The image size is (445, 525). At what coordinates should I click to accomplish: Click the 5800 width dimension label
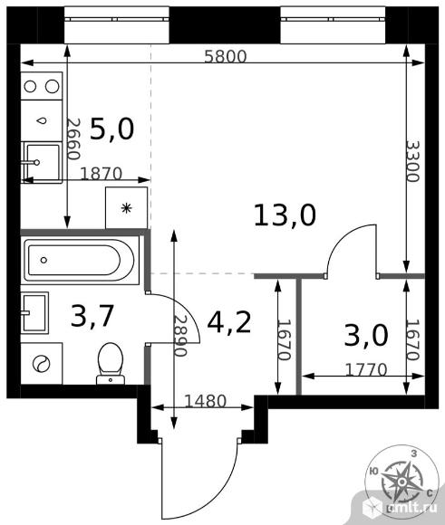(x=226, y=57)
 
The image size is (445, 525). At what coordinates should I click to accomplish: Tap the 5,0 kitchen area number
(x=112, y=129)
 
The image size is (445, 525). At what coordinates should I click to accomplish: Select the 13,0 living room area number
(x=285, y=215)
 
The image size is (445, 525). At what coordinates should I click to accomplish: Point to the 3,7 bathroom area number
(x=92, y=315)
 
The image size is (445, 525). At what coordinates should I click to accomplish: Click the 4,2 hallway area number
(x=229, y=322)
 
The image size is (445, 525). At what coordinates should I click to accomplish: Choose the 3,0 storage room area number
(x=366, y=336)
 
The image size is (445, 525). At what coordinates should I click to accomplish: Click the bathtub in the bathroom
(x=81, y=260)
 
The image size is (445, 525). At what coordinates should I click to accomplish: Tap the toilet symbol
(x=111, y=364)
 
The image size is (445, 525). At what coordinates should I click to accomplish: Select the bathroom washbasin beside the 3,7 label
(x=34, y=312)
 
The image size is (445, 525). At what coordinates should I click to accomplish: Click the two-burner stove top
(x=42, y=86)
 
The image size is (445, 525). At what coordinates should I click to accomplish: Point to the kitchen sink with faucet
(x=42, y=162)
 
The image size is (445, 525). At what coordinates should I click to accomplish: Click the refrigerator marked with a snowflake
(x=126, y=208)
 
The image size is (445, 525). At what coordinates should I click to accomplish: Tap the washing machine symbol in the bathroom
(x=42, y=364)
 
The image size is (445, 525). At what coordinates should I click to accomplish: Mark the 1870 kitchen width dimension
(x=102, y=174)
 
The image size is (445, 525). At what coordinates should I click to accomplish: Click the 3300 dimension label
(x=412, y=161)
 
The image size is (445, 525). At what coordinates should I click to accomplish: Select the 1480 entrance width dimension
(x=206, y=400)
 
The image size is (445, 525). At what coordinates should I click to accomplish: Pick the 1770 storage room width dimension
(x=366, y=369)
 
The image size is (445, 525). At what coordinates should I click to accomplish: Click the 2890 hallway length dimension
(x=180, y=336)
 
